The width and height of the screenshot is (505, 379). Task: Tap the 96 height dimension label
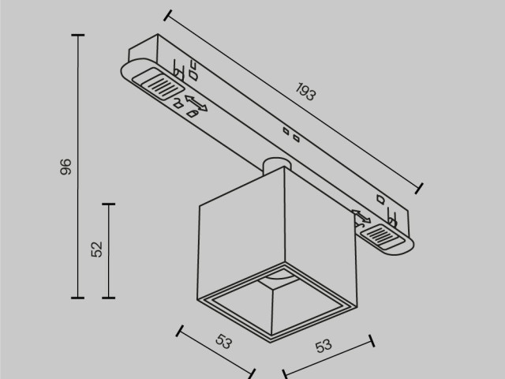point(65,167)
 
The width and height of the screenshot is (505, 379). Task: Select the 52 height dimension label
point(97,250)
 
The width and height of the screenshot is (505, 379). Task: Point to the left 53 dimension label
point(223,342)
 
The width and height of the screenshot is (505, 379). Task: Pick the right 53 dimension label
point(323,347)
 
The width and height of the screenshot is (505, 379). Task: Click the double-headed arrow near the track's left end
point(196,104)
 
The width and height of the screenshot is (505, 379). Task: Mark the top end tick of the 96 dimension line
point(77,36)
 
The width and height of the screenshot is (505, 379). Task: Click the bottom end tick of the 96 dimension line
point(77,298)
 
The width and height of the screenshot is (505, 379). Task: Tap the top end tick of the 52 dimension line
point(109,204)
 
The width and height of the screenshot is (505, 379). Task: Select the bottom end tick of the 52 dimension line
point(109,298)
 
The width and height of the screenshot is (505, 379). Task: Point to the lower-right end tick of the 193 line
point(419,187)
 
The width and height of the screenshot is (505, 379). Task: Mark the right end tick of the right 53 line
point(372,340)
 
